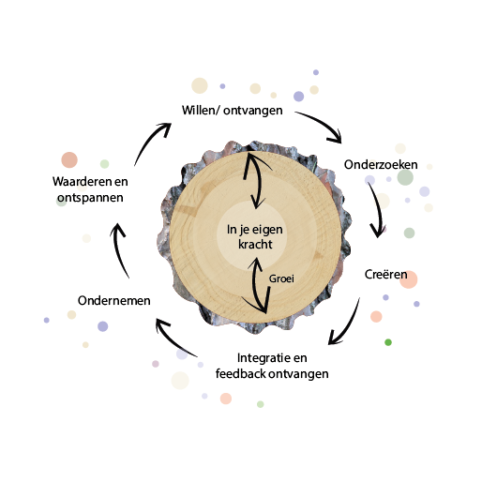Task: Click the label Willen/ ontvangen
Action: click(233, 111)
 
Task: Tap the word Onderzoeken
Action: click(381, 165)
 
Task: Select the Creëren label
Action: click(385, 274)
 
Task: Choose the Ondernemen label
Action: click(114, 301)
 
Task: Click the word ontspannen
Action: click(90, 198)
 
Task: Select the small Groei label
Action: click(281, 279)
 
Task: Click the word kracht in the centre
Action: click(255, 244)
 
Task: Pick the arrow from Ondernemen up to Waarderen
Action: click(118, 250)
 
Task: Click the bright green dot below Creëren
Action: click(388, 342)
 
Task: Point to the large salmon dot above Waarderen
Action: click(69, 160)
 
